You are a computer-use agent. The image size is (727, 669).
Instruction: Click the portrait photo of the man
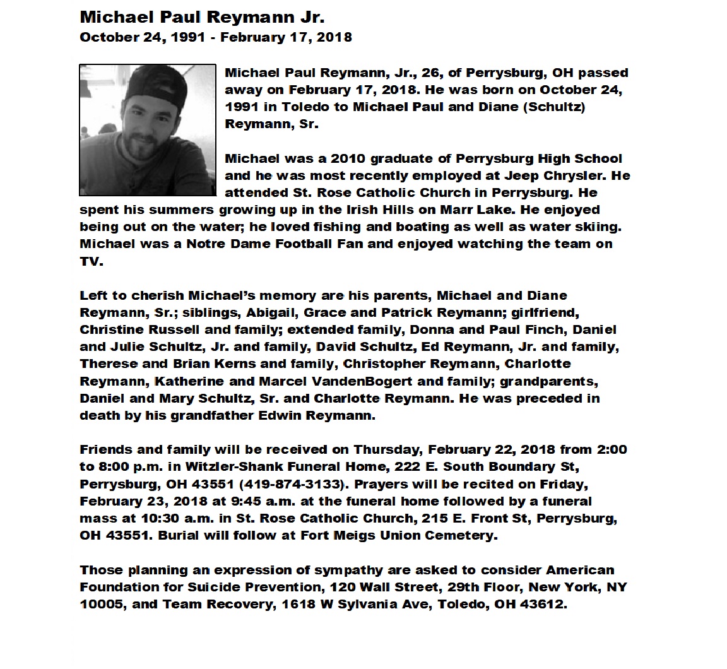pyautogui.click(x=148, y=130)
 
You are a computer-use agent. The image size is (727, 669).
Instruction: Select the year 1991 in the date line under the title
pyautogui.click(x=187, y=37)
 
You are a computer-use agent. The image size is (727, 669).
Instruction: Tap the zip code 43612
pyautogui.click(x=545, y=604)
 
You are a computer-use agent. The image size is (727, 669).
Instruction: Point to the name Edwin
pyautogui.click(x=280, y=415)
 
